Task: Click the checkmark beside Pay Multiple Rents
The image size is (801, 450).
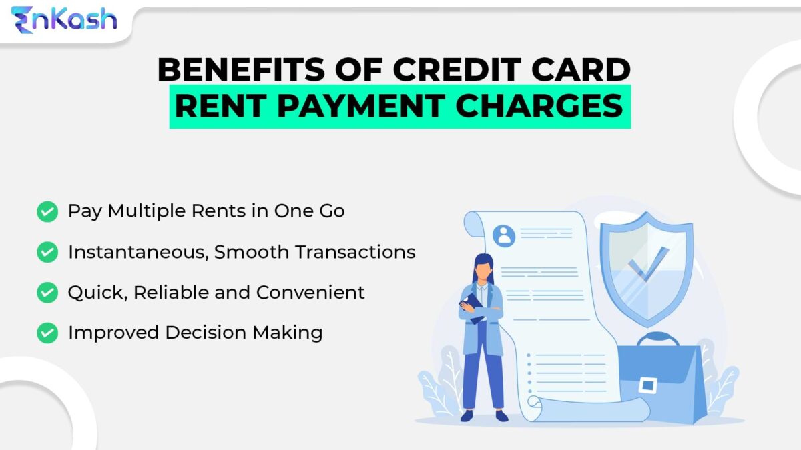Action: tap(47, 212)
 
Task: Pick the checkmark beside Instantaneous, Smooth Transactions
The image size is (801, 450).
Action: tap(47, 252)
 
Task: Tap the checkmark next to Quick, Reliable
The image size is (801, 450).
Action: tap(47, 292)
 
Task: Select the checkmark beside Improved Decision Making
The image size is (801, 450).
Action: tap(47, 332)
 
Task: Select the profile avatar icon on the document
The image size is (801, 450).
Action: tap(504, 235)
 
